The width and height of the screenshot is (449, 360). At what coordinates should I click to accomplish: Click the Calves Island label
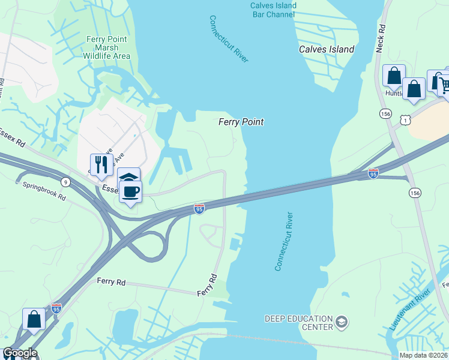point(327,49)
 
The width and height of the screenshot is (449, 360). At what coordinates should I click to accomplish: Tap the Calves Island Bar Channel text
point(273,10)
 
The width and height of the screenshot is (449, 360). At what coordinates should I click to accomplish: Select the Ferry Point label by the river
point(241,122)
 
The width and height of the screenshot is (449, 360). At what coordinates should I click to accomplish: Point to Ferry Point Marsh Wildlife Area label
point(109,47)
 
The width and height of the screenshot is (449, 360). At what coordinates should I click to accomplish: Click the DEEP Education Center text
point(299,323)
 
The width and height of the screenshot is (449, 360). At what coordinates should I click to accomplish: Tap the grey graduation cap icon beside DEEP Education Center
point(342,323)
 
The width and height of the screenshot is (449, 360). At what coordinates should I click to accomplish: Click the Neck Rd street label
point(379,39)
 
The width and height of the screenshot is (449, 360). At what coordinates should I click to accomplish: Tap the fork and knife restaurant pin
point(101,164)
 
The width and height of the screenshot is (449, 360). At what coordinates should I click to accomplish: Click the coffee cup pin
point(130,191)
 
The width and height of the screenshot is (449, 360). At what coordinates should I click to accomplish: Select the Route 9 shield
point(65,182)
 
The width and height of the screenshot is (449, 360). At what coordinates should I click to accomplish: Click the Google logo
point(20,353)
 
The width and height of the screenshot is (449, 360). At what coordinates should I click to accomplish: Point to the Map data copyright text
point(424,355)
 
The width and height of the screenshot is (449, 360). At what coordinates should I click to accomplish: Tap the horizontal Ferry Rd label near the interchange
point(111,281)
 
